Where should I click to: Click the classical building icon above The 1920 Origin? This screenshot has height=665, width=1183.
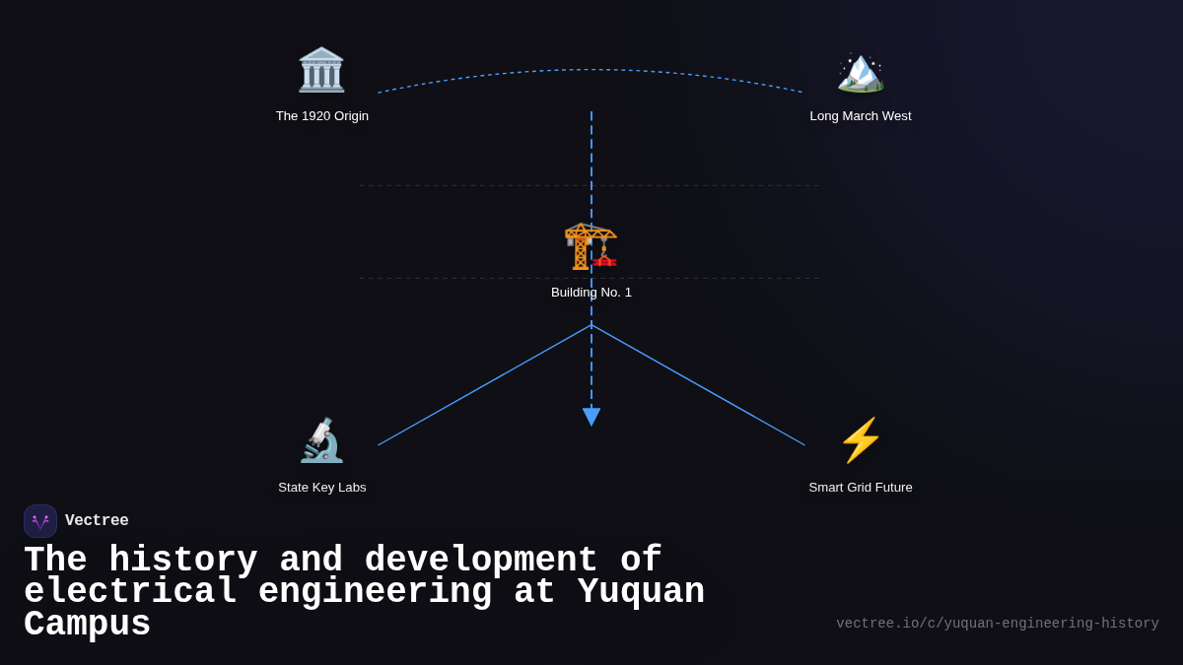[321, 70]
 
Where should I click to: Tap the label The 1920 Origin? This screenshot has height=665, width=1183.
[322, 116]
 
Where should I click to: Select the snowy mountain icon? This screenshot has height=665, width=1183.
[860, 71]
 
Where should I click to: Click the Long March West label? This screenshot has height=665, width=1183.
[861, 116]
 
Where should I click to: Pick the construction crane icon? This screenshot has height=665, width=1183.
[591, 245]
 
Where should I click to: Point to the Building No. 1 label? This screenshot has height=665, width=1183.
[591, 293]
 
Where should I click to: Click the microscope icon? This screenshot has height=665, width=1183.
[321, 440]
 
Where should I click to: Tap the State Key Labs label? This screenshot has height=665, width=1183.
[322, 488]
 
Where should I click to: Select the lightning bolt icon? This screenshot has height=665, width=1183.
[860, 440]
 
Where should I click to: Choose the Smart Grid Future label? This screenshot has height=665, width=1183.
[861, 488]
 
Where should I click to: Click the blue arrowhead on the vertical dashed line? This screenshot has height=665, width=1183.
[591, 417]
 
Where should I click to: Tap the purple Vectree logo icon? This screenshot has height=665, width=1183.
[40, 521]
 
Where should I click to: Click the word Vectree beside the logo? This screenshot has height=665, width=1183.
[97, 521]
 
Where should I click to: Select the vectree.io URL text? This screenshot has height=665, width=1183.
[997, 624]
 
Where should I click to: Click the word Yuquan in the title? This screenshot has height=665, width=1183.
[641, 592]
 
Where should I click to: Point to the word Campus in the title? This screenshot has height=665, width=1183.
[87, 625]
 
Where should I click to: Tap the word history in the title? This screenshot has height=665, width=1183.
[182, 561]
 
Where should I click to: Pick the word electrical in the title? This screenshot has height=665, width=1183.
[130, 592]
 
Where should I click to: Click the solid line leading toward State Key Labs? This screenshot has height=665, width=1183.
[483, 385]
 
